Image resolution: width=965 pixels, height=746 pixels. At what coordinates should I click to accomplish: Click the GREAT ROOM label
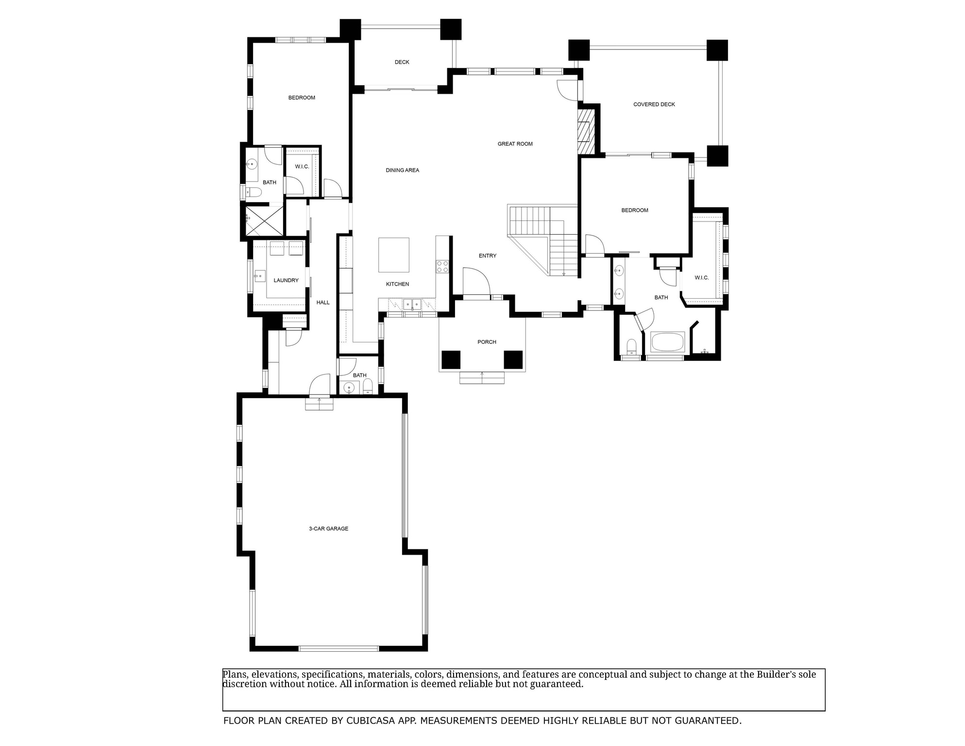point(515,144)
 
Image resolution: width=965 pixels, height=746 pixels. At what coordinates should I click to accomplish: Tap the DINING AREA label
point(402,170)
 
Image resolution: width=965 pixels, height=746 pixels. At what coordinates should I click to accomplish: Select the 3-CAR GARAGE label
point(328,529)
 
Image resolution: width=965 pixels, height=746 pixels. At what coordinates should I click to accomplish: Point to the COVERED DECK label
point(654,104)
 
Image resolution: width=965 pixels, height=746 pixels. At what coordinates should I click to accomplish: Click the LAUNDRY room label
point(286,281)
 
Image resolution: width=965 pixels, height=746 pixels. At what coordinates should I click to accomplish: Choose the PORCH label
point(487,342)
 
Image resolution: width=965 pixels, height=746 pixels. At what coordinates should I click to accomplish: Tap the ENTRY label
point(487,256)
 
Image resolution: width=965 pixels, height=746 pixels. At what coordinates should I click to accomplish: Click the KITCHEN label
point(397,284)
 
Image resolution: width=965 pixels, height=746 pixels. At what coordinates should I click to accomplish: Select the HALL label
point(323,303)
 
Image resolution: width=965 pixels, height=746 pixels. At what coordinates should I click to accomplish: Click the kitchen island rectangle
point(394,255)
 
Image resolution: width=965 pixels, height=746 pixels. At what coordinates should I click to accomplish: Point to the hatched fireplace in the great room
point(586,131)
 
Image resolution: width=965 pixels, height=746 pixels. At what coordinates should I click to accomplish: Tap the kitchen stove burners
point(442,267)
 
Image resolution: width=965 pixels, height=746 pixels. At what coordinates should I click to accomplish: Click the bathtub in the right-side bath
point(667,342)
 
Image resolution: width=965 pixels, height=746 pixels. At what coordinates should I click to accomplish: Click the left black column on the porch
point(451,360)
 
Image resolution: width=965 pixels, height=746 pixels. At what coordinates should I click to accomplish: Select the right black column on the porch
point(513,360)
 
